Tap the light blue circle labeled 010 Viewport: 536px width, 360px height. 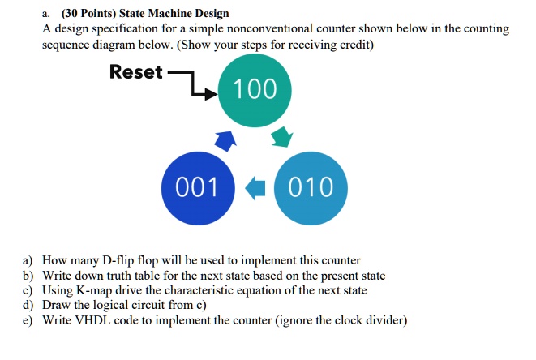point(311,187)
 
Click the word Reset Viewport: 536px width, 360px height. point(135,72)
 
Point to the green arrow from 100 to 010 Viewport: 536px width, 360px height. point(281,135)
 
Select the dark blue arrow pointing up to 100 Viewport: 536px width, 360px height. point(225,141)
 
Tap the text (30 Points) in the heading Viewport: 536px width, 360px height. point(88,14)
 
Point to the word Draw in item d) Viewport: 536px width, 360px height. point(57,305)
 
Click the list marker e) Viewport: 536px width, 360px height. point(28,319)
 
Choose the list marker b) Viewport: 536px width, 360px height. point(28,276)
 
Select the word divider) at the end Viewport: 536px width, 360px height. point(385,319)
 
